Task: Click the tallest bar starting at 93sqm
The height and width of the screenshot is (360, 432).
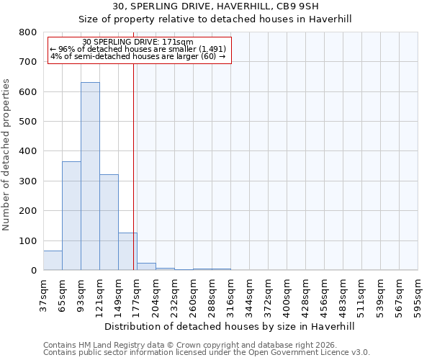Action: (x=90, y=176)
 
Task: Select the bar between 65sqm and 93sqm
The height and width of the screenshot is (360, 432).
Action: (x=71, y=216)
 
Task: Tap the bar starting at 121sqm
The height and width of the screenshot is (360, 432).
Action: (x=109, y=222)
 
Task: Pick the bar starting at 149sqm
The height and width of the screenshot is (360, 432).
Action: (x=127, y=251)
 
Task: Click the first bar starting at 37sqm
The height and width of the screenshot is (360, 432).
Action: (x=53, y=261)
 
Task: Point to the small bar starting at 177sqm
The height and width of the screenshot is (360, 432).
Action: (x=146, y=266)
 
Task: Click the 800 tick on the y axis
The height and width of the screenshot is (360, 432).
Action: (x=27, y=32)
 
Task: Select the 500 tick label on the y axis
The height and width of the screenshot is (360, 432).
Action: (x=27, y=122)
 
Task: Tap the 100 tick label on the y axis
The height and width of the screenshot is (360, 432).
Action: (x=27, y=240)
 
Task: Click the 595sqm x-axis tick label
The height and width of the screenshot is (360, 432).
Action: (x=418, y=295)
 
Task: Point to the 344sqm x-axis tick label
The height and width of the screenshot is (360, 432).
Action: (x=249, y=295)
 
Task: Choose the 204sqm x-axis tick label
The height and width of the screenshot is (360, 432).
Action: (x=156, y=295)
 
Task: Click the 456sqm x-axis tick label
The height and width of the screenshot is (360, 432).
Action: (x=324, y=295)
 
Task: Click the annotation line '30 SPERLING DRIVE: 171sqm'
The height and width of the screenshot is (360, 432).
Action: (x=138, y=42)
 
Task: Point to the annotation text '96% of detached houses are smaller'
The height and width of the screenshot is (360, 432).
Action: (x=138, y=49)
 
